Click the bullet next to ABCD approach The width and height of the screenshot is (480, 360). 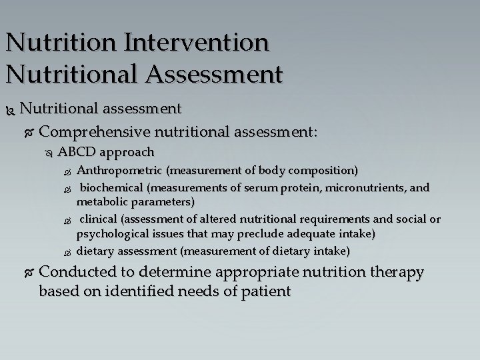click(47, 153)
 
